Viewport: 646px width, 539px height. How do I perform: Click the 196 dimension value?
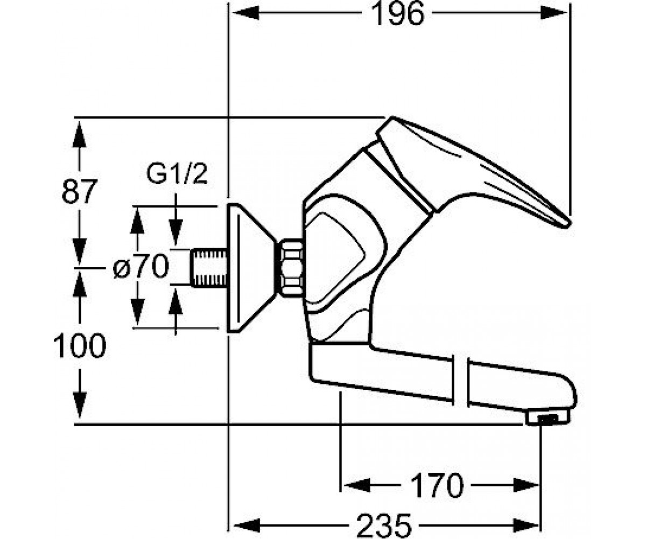point(398,14)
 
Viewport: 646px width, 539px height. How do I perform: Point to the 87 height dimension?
point(79,191)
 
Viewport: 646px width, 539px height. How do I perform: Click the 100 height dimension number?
point(80,345)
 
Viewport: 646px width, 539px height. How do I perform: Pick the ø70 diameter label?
point(141,266)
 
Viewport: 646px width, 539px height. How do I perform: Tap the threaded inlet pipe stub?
point(209,268)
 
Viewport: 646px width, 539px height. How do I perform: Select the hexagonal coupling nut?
point(291,268)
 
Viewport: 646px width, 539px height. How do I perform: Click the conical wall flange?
point(251,268)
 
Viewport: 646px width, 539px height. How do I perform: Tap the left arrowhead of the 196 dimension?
point(245,13)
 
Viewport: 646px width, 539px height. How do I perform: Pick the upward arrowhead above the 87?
point(79,134)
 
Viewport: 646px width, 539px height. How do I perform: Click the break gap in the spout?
point(461,382)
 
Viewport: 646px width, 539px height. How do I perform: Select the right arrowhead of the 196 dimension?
point(554,13)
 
